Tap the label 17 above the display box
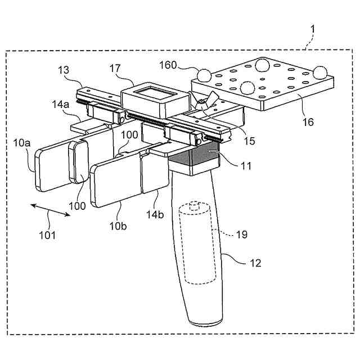116,70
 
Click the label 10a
22,145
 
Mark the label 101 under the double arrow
47,234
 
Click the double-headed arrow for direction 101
50,214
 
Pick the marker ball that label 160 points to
203,74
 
